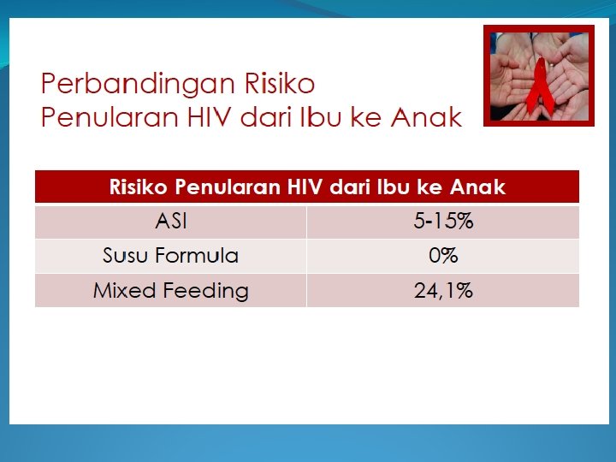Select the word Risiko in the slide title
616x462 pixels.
tap(280, 84)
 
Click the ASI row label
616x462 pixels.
tap(170, 222)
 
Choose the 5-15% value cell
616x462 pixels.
tap(443, 222)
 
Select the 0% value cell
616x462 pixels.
tap(443, 256)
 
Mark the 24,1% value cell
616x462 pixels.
tap(443, 291)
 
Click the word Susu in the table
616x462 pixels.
tap(126, 256)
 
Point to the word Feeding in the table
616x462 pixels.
tap(206, 291)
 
